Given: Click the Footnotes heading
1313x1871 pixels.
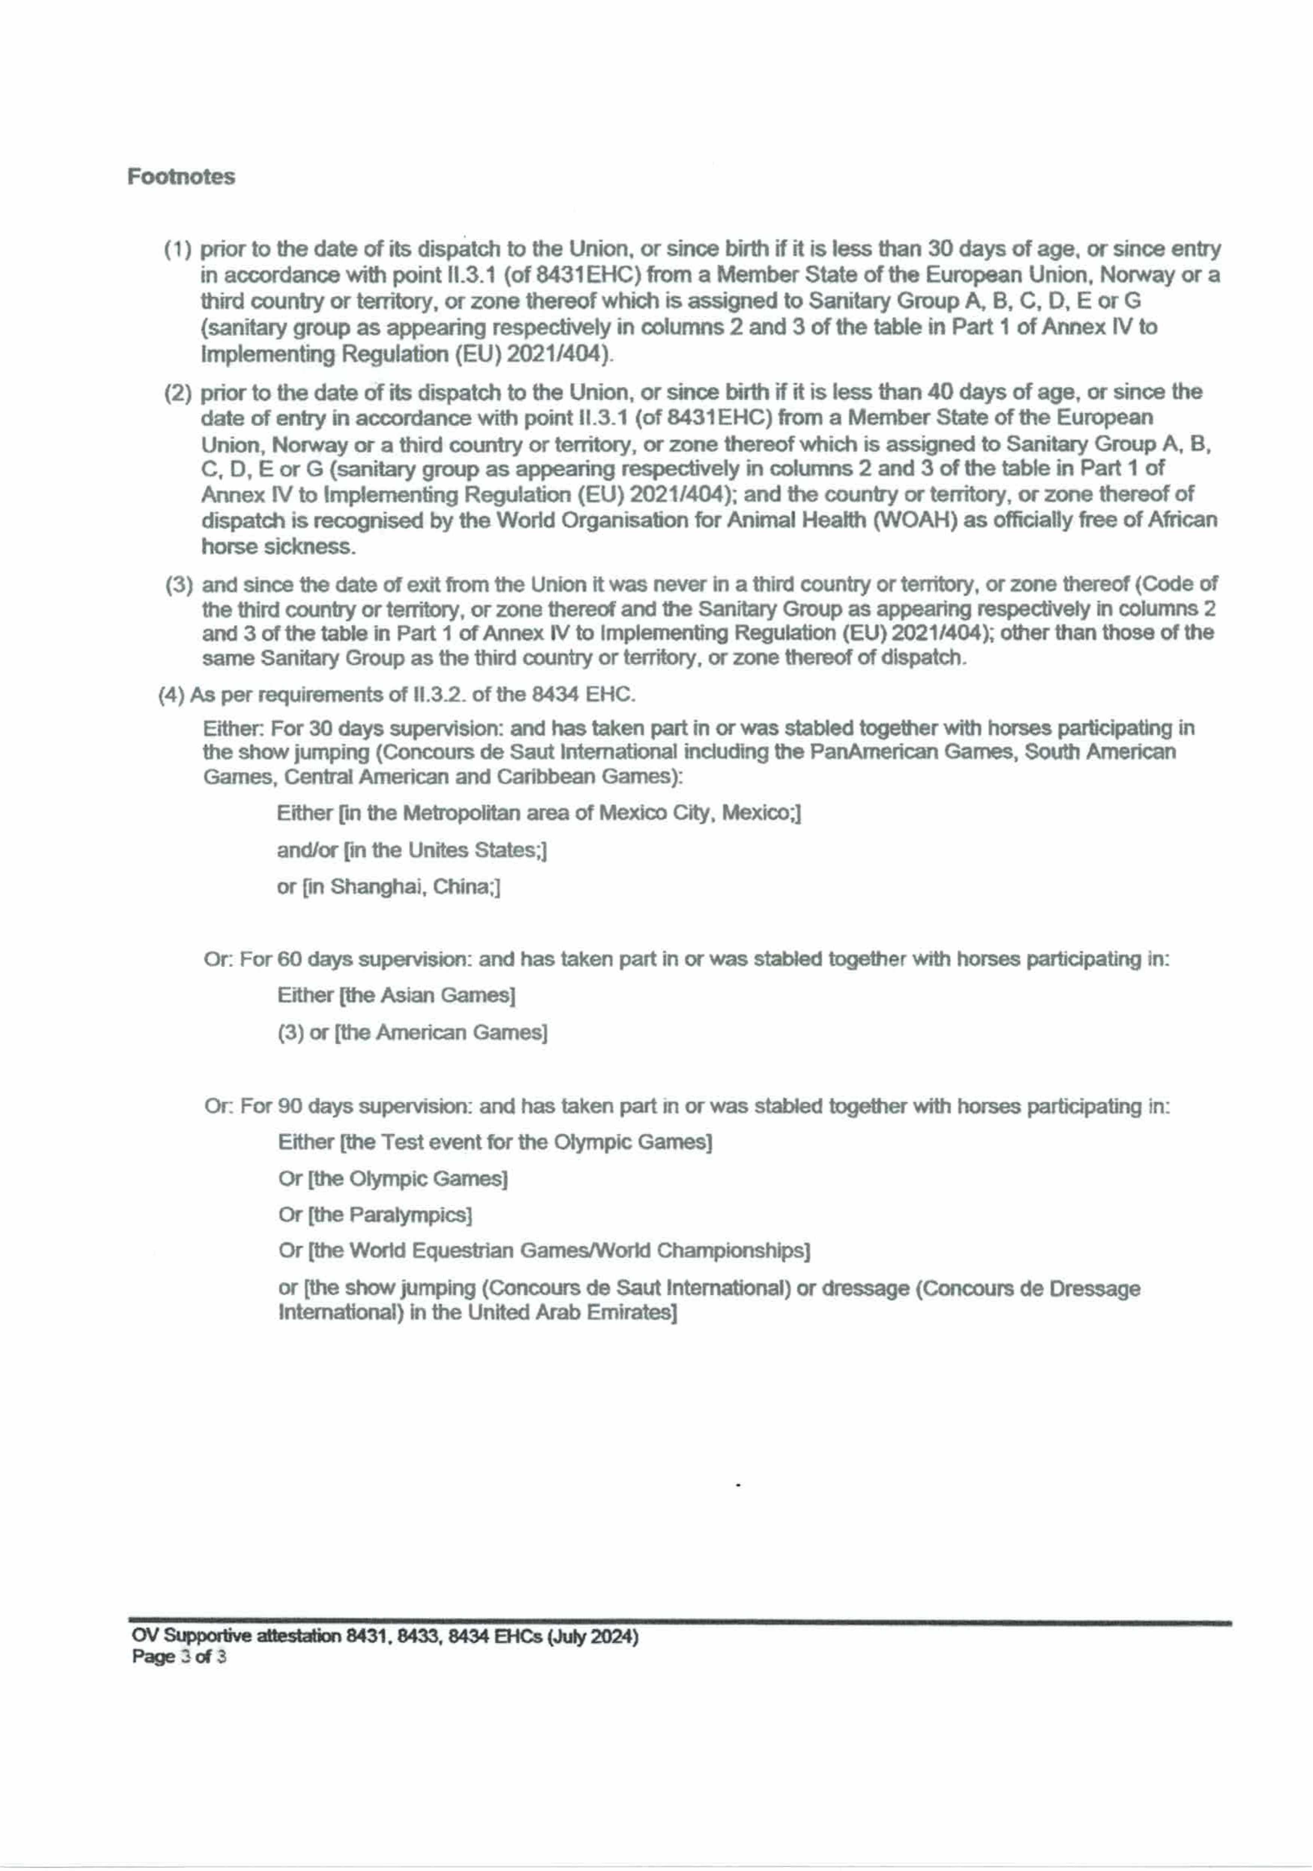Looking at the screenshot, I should [x=181, y=177].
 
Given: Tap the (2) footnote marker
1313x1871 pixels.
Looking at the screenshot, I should [x=178, y=394].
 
